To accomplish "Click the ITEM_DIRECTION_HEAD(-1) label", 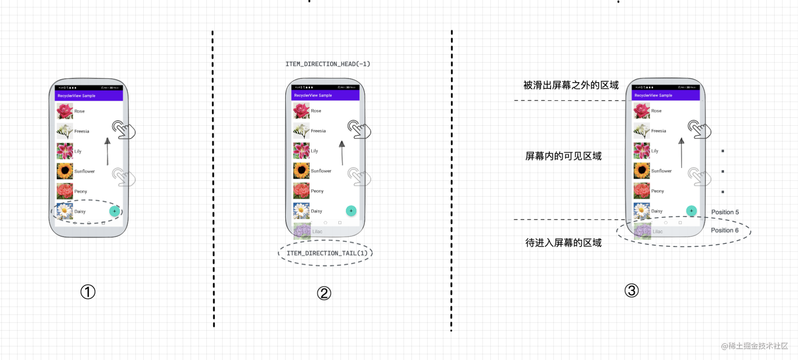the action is point(328,64).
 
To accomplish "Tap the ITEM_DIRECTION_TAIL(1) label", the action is point(327,253).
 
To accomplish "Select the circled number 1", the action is point(88,292).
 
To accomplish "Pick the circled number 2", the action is point(324,293).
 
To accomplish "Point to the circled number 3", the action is point(631,291).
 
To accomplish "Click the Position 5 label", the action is point(725,212).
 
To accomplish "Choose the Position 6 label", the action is point(724,230).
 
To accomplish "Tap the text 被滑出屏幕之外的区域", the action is point(571,86).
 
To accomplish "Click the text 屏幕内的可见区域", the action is point(563,156).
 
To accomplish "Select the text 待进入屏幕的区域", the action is point(563,243).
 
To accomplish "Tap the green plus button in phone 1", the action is point(114,211).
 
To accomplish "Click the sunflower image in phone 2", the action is point(301,171).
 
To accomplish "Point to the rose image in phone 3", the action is point(641,111).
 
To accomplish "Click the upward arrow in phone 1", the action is point(107,151).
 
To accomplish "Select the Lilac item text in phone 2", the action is point(318,231).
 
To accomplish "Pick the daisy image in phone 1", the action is point(65,211).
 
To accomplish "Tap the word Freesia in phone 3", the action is point(658,131).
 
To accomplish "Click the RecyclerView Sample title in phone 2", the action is point(313,96).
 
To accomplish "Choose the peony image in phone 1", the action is point(65,191).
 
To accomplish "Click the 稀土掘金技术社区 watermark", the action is point(755,346).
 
